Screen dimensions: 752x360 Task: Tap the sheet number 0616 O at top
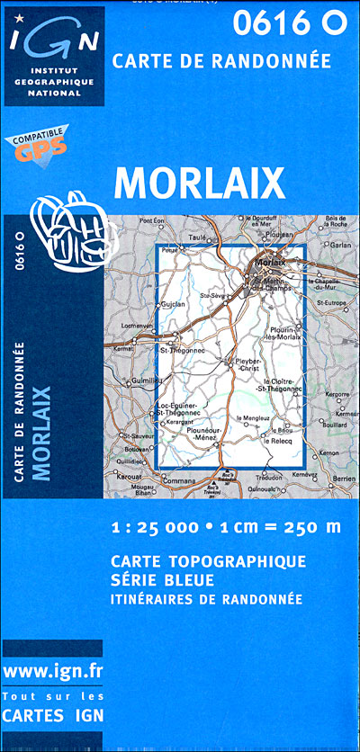289,25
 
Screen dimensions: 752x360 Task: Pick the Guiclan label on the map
173,305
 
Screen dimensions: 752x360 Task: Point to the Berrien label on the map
344,479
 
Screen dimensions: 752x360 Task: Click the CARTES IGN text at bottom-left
53,717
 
